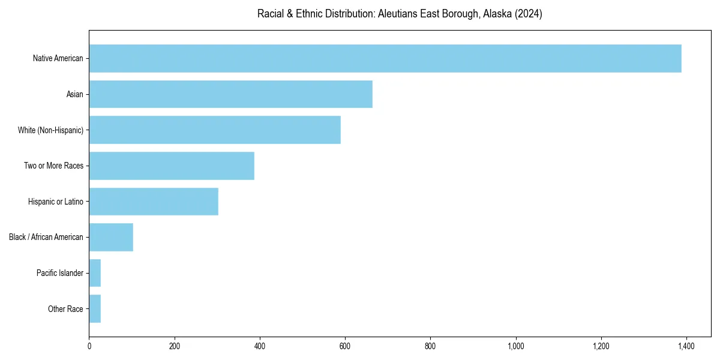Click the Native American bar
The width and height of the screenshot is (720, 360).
385,58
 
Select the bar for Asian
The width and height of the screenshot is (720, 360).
230,94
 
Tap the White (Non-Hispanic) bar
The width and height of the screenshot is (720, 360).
215,130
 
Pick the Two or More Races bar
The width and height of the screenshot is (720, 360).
172,166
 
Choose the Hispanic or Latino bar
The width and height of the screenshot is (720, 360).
154,202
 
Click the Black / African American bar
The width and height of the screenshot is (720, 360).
111,237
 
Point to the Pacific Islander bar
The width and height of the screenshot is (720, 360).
95,273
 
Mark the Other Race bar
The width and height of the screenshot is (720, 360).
95,309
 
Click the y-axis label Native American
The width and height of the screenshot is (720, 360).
58,59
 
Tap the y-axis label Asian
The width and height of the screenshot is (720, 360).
75,94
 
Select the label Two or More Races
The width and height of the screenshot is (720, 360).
53,166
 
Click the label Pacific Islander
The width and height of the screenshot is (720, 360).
60,274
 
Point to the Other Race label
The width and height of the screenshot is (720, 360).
65,310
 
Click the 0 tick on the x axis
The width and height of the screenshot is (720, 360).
89,347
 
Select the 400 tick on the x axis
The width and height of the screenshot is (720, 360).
260,347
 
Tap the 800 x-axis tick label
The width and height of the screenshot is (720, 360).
430,347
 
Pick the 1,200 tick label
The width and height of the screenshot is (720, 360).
601,347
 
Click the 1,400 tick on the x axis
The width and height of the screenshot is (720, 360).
686,347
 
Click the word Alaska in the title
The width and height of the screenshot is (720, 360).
497,14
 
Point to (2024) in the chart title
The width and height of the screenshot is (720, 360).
529,14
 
